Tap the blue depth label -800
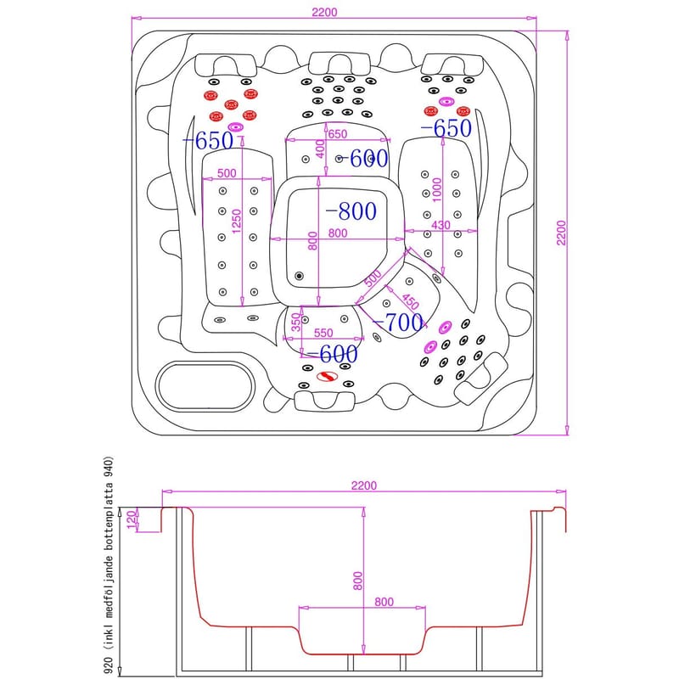[x=351, y=211]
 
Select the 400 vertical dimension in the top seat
[x=320, y=148]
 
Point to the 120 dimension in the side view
[x=130, y=519]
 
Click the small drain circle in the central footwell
[x=298, y=275]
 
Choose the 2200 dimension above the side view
[x=362, y=485]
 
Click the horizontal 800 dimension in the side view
[x=383, y=603]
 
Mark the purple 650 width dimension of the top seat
[x=337, y=134]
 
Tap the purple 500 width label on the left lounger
[x=226, y=173]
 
